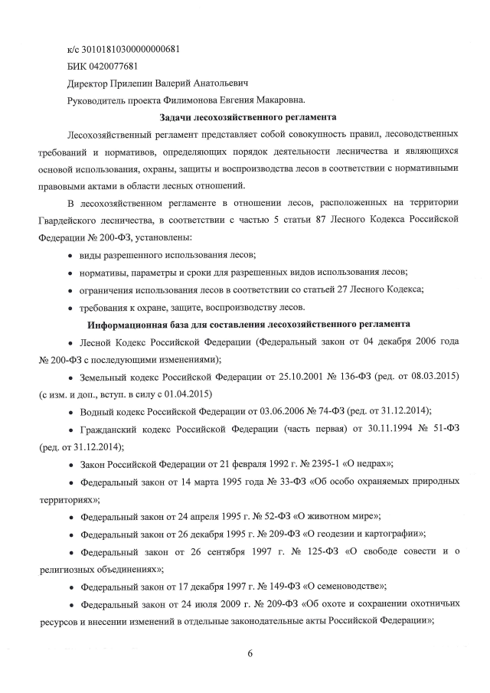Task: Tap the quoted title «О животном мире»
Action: tap(338, 515)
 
